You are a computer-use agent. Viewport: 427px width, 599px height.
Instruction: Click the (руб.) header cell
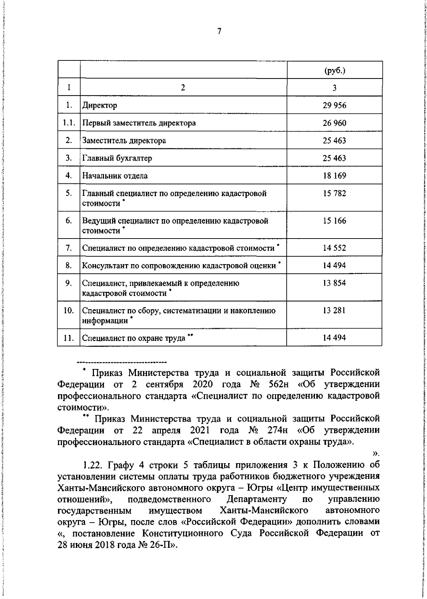334,70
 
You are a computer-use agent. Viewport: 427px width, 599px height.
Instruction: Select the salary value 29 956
334,105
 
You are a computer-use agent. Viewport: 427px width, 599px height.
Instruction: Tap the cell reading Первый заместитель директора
139,123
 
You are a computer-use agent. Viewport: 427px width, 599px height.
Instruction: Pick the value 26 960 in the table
334,123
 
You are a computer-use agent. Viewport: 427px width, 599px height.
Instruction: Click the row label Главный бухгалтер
117,158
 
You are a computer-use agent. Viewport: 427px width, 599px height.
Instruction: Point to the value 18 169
334,176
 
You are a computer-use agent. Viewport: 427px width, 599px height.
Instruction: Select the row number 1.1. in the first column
69,123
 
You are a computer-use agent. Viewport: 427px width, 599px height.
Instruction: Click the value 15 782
334,193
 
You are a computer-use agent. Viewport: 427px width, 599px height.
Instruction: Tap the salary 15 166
334,221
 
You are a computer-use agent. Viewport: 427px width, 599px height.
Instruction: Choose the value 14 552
334,248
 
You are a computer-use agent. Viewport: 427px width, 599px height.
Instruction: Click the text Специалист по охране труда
134,338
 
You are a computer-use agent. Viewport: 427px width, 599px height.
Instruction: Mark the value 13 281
334,311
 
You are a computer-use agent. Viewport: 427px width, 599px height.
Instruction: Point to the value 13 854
334,283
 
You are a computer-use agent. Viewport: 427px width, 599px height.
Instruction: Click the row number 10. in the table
69,311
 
